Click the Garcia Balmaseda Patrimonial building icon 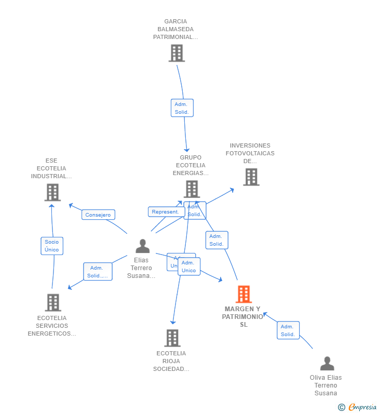click(177, 53)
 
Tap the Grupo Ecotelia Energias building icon click(192, 189)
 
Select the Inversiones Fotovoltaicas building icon click(251, 177)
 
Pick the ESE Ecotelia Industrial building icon click(52, 193)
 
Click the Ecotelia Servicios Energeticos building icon click(52, 302)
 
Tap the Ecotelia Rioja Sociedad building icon click(172, 338)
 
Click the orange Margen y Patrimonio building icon click(244, 294)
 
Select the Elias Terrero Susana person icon click(142, 246)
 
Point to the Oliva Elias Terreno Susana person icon click(327, 364)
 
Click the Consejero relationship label click(98, 215)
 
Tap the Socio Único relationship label click(52, 246)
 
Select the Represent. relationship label click(166, 212)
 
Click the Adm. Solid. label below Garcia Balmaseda click(182, 108)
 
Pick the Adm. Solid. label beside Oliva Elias click(288, 330)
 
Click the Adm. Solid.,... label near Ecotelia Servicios click(98, 272)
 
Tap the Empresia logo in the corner click(362, 407)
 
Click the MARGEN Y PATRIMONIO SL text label click(243, 317)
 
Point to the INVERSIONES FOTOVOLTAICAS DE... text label click(250, 153)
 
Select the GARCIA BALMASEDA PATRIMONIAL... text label click(176, 29)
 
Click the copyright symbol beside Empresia click(342, 407)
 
